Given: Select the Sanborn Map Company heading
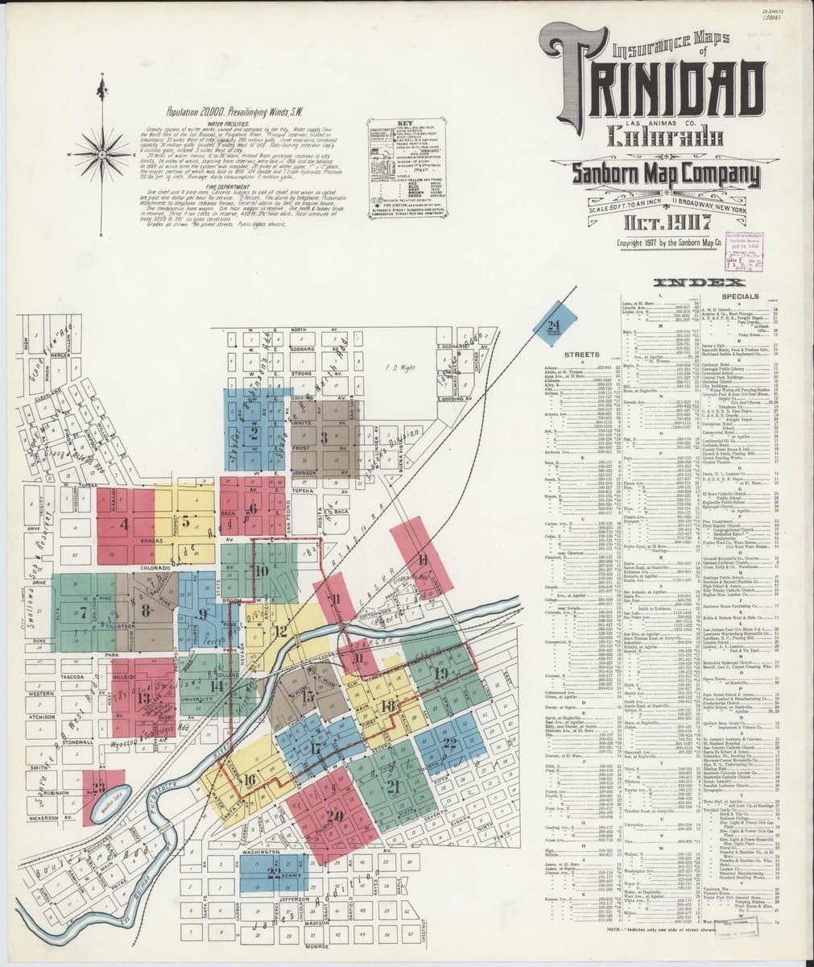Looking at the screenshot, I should click(x=665, y=174).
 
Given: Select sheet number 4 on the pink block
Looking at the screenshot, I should click(x=124, y=522).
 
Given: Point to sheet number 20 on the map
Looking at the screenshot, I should click(x=334, y=816).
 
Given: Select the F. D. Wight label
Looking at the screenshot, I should click(x=397, y=371).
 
